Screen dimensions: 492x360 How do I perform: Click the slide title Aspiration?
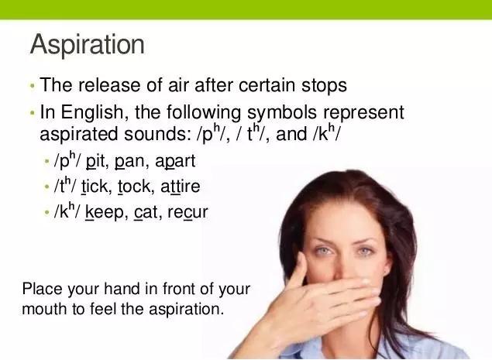88,45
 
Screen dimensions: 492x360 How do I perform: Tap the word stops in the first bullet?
324,86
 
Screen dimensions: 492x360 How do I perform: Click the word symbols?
282,113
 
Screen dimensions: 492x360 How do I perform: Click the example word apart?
175,162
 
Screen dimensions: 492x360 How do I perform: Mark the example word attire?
180,187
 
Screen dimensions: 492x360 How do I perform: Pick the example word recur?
188,213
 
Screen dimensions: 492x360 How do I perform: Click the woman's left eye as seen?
323,251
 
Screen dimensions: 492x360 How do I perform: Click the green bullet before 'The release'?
32,85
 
